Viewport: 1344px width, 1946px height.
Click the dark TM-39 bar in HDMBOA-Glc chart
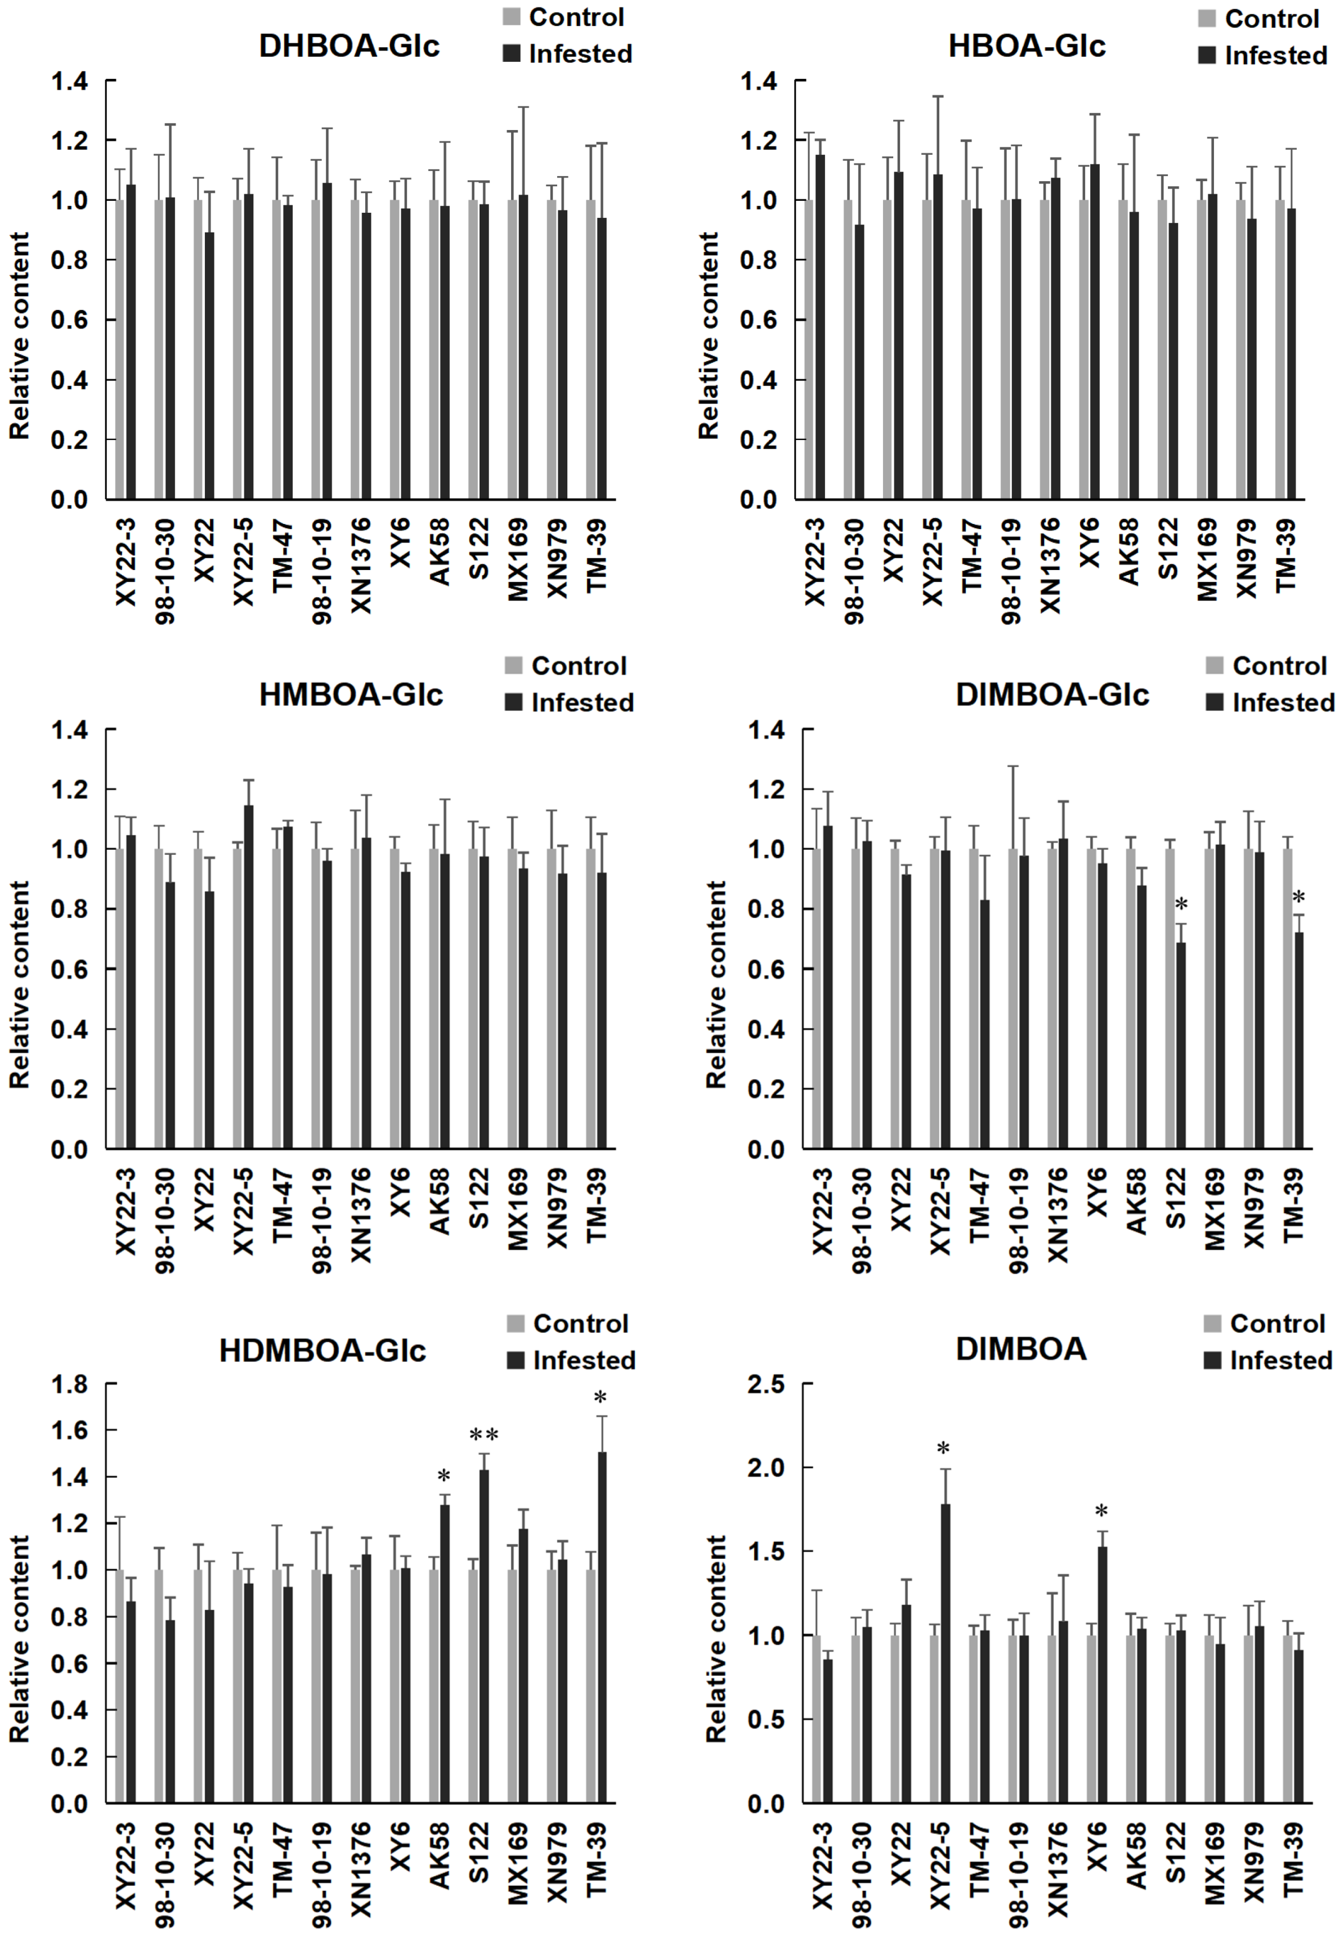tap(601, 1625)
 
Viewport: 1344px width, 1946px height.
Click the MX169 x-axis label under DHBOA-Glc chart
tap(518, 560)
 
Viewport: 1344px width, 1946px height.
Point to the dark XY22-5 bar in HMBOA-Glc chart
tap(248, 977)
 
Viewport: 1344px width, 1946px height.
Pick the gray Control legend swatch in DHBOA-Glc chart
tap(511, 17)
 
